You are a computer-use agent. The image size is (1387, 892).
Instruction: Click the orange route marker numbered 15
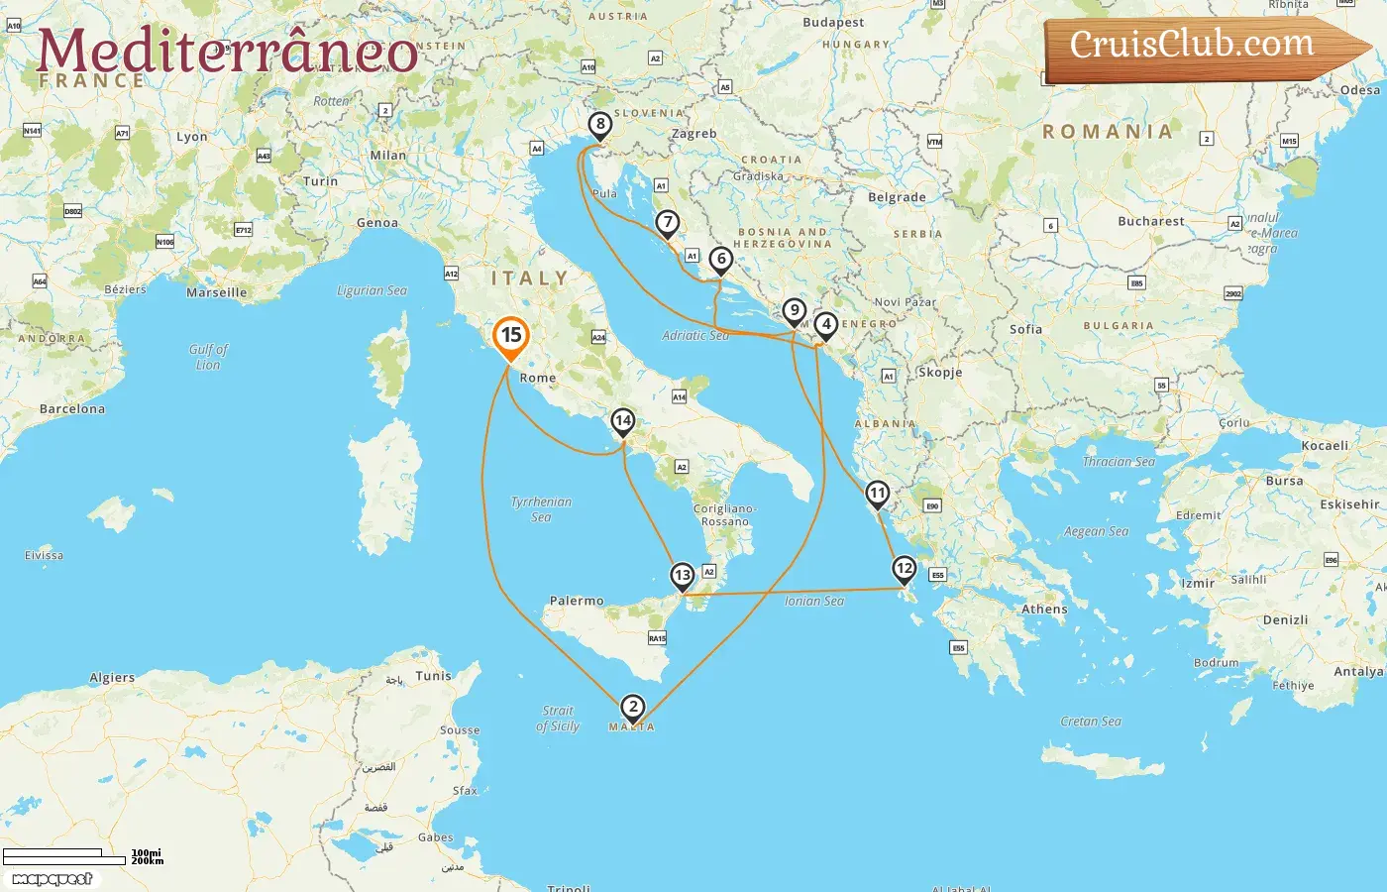click(510, 336)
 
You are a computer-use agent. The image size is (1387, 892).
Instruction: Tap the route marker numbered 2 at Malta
click(632, 708)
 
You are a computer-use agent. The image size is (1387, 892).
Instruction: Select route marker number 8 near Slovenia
click(599, 125)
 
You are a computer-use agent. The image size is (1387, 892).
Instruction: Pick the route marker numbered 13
click(682, 576)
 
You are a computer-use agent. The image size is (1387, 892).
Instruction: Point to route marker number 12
click(904, 569)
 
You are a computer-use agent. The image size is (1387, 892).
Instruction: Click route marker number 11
click(877, 494)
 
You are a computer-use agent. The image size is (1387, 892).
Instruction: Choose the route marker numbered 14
click(622, 421)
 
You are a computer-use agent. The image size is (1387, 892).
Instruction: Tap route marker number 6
click(721, 260)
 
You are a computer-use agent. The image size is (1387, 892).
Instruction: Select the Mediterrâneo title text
click(227, 51)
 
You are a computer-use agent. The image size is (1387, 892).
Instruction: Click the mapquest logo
click(53, 879)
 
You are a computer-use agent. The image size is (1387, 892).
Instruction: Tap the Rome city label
click(538, 378)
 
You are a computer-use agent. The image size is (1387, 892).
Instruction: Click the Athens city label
click(1044, 610)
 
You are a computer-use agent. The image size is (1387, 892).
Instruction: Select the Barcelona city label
click(72, 408)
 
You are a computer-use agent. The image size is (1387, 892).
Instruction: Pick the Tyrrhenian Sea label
click(541, 508)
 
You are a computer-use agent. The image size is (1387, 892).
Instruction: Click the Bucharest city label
click(1150, 221)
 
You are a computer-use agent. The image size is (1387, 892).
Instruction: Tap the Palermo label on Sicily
click(577, 601)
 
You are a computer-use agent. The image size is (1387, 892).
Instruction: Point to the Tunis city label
click(433, 676)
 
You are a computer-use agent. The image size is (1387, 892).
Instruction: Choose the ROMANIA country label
click(1107, 132)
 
